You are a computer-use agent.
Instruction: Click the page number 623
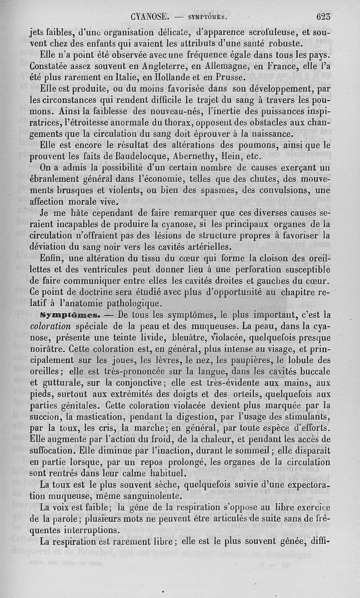(323, 18)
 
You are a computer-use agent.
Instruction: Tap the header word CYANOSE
(150, 18)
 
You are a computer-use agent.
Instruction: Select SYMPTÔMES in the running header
(207, 18)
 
